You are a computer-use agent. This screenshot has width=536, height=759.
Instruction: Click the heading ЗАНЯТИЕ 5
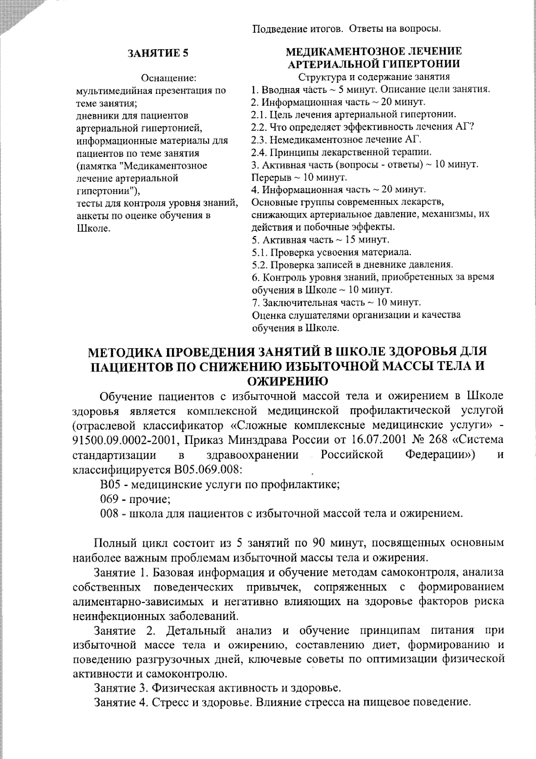pyautogui.click(x=158, y=53)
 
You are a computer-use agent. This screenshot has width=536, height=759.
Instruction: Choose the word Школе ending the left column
pyautogui.click(x=93, y=228)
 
